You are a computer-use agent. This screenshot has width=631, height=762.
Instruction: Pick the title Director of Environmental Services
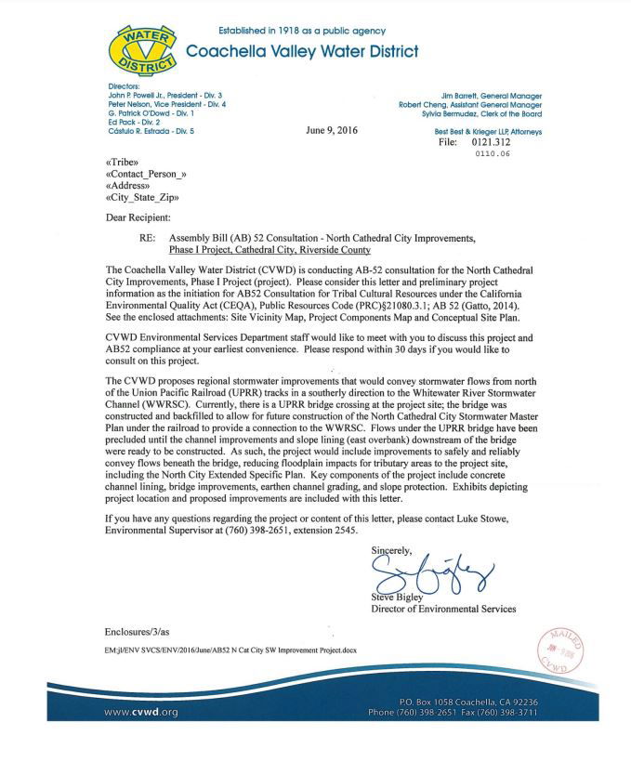point(443,610)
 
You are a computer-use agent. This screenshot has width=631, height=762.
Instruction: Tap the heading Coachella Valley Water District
point(303,51)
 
